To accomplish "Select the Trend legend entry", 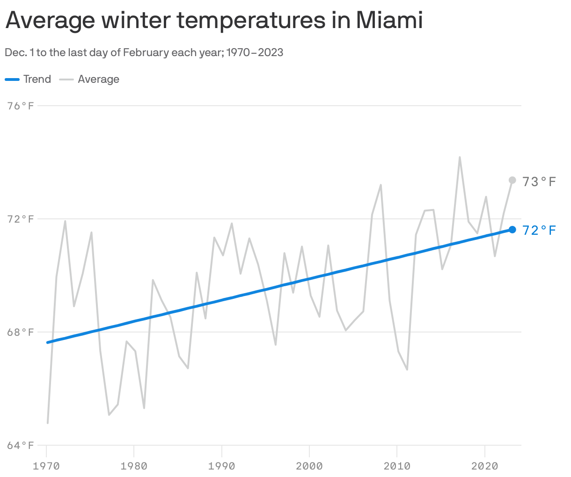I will pyautogui.click(x=28, y=79).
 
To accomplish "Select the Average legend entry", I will pyautogui.click(x=89, y=79).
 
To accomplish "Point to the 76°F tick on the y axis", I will pyautogui.click(x=21, y=106).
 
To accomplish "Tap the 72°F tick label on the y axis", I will pyautogui.click(x=21, y=219).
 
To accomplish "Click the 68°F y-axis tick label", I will pyautogui.click(x=21, y=332).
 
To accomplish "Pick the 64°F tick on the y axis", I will pyautogui.click(x=21, y=445).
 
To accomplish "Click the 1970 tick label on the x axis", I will pyautogui.click(x=46, y=466).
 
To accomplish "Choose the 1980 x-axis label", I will pyautogui.click(x=134, y=466).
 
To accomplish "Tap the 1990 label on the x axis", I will pyautogui.click(x=221, y=466).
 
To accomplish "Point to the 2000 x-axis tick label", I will pyautogui.click(x=309, y=466).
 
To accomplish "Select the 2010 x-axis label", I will pyautogui.click(x=397, y=466).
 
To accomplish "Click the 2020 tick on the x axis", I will pyautogui.click(x=484, y=466).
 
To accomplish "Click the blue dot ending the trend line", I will pyautogui.click(x=512, y=230).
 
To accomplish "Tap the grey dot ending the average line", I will pyautogui.click(x=512, y=180).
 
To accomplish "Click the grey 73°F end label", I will pyautogui.click(x=539, y=181).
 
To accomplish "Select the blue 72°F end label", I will pyautogui.click(x=539, y=231).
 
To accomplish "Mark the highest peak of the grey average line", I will pyautogui.click(x=460, y=158).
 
